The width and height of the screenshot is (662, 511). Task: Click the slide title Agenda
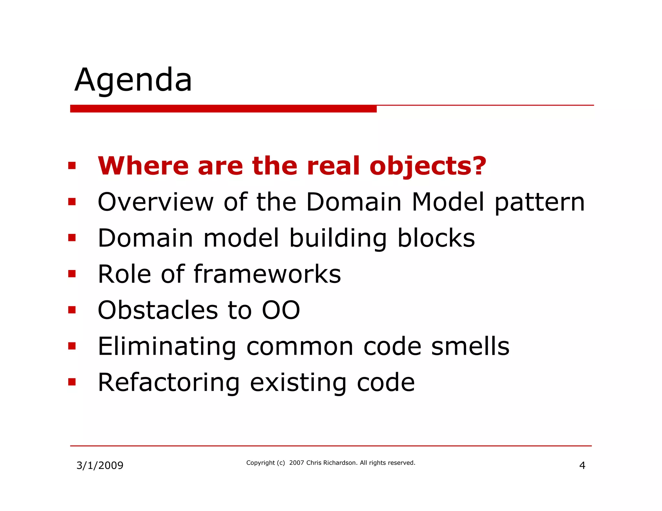tap(133, 80)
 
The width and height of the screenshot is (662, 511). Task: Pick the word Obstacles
tap(158, 310)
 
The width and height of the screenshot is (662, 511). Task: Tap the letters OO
tap(281, 310)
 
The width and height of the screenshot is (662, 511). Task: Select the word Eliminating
tap(167, 347)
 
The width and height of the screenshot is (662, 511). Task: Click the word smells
tap(470, 346)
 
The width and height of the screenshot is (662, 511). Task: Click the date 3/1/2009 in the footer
tap(100, 465)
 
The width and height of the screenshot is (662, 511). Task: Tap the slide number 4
tap(582, 465)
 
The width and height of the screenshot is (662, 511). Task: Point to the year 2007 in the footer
tap(296, 463)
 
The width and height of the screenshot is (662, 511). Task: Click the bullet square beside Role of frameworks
tap(72, 274)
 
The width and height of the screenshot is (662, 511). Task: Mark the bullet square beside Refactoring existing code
tap(72, 382)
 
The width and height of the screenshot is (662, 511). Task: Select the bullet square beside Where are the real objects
tap(72, 166)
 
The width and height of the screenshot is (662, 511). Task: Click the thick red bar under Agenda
tap(223, 109)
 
